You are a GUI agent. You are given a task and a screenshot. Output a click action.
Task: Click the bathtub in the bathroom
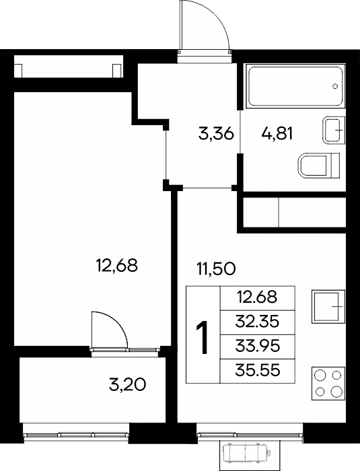point(295,85)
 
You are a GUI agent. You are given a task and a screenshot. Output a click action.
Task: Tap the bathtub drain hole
point(335,86)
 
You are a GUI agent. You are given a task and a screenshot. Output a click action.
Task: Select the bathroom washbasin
point(334,130)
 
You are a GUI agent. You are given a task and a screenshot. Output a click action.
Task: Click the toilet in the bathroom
point(318,165)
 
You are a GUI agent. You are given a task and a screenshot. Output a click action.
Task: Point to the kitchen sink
point(328,306)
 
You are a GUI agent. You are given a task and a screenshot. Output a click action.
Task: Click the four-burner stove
point(328,384)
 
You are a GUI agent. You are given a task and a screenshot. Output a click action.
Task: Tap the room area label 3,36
point(216,133)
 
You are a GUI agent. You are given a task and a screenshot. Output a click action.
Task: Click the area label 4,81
point(277,133)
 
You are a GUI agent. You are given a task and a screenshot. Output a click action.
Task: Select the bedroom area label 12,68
point(116,265)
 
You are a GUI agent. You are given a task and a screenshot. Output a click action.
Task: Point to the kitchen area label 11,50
point(216,268)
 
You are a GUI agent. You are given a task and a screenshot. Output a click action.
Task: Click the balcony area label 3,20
point(127,384)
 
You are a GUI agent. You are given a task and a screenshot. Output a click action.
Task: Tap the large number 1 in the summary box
point(203,337)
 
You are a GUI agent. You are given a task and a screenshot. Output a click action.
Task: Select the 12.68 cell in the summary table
point(257,297)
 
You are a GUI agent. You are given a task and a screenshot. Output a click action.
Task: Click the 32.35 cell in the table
point(257,322)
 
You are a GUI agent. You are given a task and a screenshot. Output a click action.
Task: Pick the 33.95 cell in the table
point(257,347)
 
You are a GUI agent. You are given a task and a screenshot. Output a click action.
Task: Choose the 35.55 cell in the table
point(257,371)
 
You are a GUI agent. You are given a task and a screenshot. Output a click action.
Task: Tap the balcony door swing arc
point(118,322)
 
